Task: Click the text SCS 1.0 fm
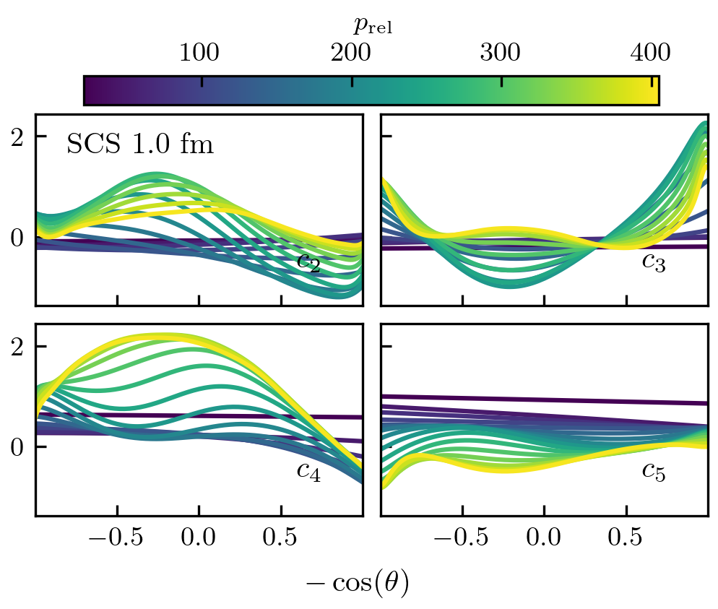[x=140, y=144]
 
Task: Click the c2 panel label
[x=309, y=262]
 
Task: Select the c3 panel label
[x=654, y=262]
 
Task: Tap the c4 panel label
[x=309, y=471]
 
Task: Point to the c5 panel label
[x=654, y=471]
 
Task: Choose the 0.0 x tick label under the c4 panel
[x=199, y=540]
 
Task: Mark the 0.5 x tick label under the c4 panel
[x=281, y=540]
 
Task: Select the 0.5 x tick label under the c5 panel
[x=626, y=540]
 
